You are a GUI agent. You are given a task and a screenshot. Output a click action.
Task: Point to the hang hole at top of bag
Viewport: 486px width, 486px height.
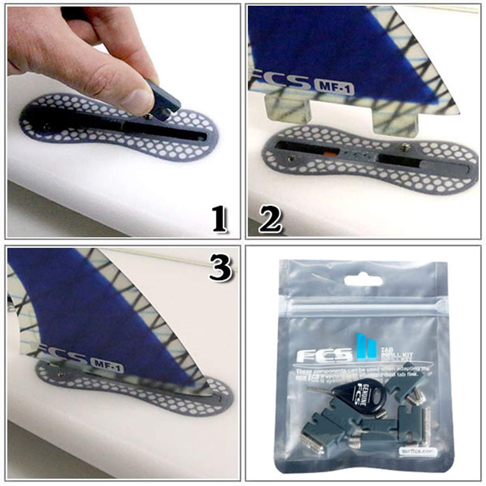pyautogui.click(x=357, y=280)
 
